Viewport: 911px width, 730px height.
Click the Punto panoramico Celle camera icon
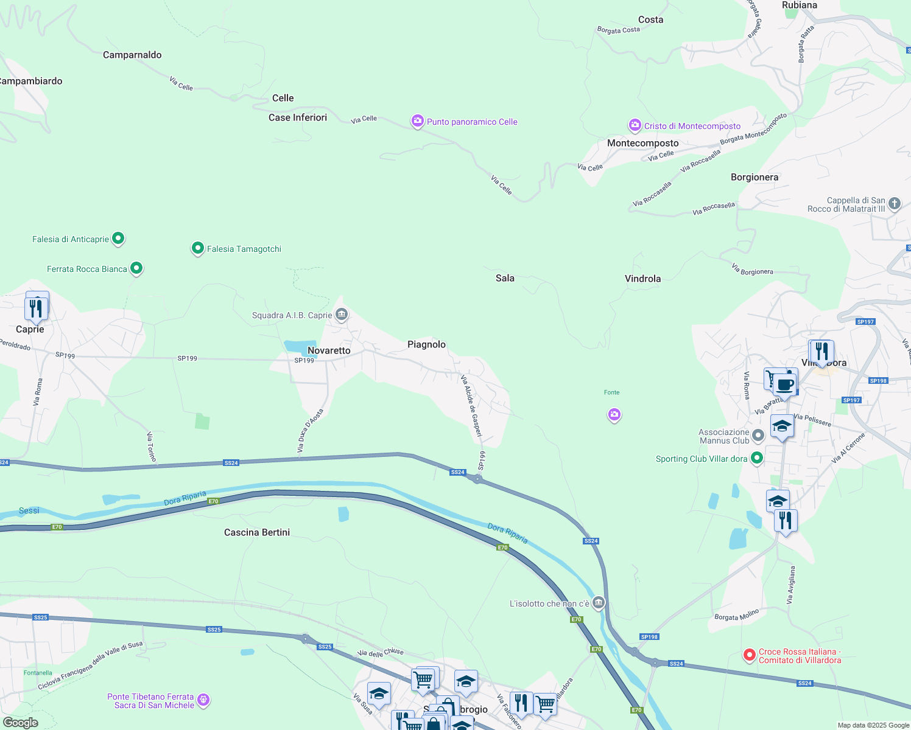pos(417,121)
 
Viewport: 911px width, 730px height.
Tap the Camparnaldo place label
pos(132,55)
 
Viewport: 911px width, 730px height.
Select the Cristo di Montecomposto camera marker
pos(635,125)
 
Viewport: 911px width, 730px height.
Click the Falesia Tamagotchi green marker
pos(197,248)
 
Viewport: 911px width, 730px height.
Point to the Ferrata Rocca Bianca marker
pos(136,268)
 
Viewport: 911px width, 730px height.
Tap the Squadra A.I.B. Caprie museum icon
pos(342,315)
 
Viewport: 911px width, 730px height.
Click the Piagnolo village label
pos(426,344)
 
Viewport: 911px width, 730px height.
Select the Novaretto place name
pos(329,350)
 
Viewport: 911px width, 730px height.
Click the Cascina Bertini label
pos(257,532)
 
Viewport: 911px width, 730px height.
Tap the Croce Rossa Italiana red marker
pos(750,655)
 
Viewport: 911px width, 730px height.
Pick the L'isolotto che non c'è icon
pos(599,603)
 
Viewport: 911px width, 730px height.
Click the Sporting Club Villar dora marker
pos(757,458)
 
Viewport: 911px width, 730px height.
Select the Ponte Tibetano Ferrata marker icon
pos(203,700)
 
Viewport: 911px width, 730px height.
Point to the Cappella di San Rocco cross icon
pos(895,204)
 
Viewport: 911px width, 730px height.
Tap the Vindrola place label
pos(642,279)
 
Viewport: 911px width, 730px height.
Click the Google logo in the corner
pos(21,722)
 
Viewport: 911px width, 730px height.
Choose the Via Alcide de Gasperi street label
pos(471,406)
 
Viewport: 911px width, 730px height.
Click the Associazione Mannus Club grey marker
pos(758,436)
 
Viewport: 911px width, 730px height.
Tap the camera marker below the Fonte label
pos(614,415)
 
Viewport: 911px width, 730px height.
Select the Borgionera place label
pos(754,177)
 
